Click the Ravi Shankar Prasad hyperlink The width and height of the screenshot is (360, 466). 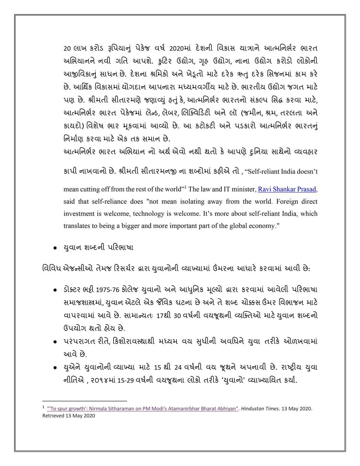tap(287, 189)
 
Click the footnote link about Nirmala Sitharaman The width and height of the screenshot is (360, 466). tap(143, 408)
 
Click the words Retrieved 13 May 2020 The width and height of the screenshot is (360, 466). tap(69, 415)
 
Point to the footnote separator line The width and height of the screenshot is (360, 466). tap(84, 400)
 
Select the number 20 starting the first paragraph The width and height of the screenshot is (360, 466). tap(67, 49)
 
